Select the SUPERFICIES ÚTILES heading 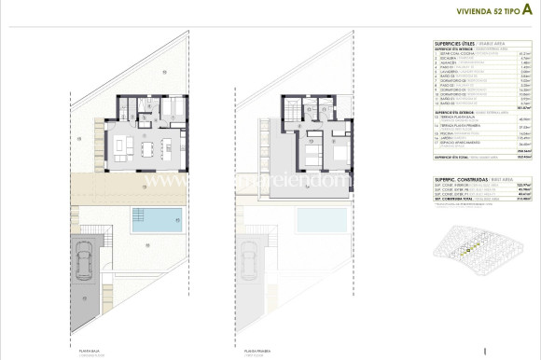461,43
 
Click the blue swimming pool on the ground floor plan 157,221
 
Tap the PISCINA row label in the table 450,134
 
